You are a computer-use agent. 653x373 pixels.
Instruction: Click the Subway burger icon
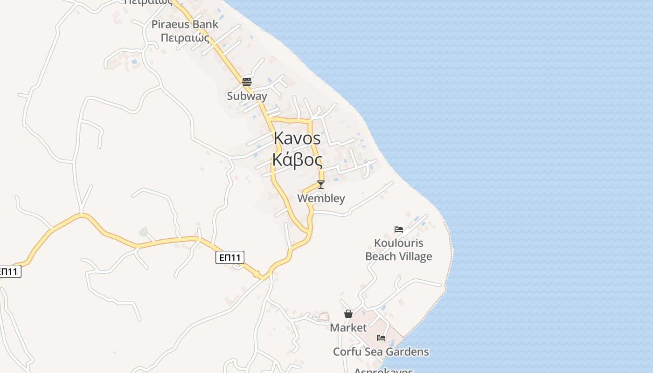[247, 82]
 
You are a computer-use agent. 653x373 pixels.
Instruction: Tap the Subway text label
[247, 96]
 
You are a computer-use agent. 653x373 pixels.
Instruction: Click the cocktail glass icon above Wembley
[321, 184]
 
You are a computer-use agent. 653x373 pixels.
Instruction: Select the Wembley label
[321, 198]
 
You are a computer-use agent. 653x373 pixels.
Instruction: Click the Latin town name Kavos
[297, 138]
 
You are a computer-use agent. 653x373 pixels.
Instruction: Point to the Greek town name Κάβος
[297, 160]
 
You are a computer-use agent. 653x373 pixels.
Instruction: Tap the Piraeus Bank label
[185, 24]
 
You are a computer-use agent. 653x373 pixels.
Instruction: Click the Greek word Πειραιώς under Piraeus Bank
[185, 38]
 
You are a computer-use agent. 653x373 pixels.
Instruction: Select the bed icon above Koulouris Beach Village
[399, 229]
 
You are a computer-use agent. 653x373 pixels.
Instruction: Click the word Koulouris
[399, 243]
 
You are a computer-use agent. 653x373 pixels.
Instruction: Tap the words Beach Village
[399, 256]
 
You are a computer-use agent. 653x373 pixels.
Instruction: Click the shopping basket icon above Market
[348, 314]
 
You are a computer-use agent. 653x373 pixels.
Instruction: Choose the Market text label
[348, 328]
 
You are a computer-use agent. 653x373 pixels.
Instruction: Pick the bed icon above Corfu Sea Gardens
[381, 338]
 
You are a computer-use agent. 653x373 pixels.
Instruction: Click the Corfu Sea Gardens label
[381, 352]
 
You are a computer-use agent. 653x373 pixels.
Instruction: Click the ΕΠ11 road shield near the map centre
[230, 257]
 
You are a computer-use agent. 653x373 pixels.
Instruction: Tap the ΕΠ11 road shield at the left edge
[9, 271]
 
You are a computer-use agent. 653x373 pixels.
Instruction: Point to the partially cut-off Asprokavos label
[383, 370]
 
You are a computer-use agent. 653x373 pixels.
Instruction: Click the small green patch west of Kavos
[143, 232]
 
